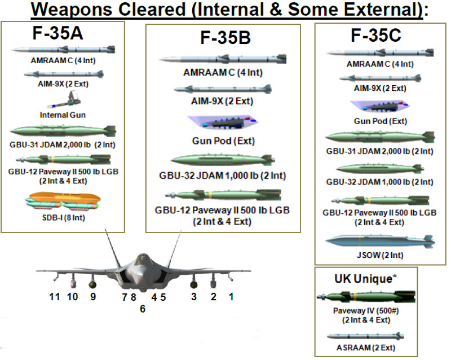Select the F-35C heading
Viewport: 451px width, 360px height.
375,36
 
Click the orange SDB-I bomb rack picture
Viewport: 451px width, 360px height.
63,200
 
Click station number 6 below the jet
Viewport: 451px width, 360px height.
143,309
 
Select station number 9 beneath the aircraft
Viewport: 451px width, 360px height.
93,296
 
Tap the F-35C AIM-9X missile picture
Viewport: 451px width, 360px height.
379,78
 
